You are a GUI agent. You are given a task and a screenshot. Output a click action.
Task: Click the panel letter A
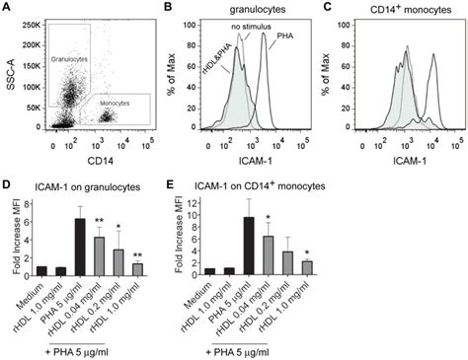7,8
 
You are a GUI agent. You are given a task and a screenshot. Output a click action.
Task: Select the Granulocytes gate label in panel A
71,60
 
